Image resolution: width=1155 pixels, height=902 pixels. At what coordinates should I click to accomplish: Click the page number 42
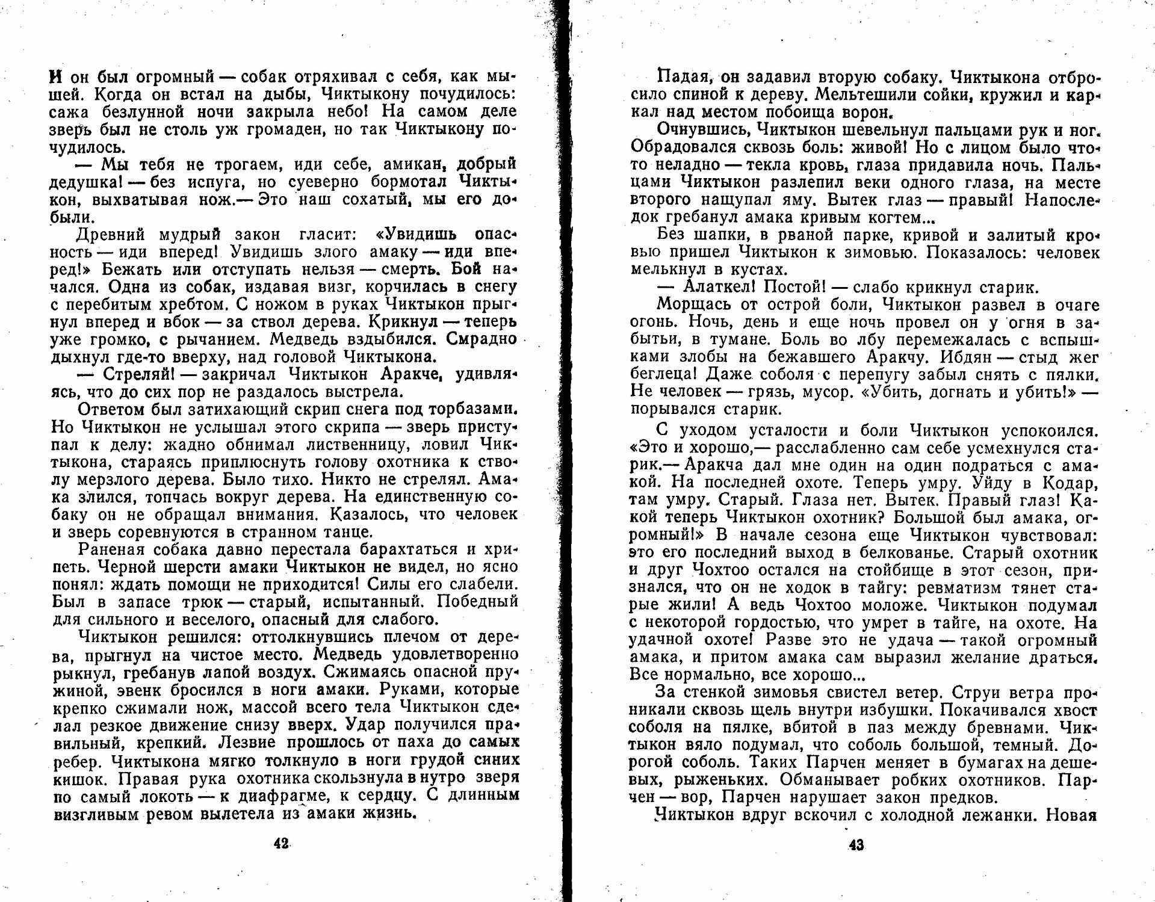281,844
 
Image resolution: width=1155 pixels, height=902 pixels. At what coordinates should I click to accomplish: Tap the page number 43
856,845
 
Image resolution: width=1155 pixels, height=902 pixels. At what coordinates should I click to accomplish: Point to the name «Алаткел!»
719,287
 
